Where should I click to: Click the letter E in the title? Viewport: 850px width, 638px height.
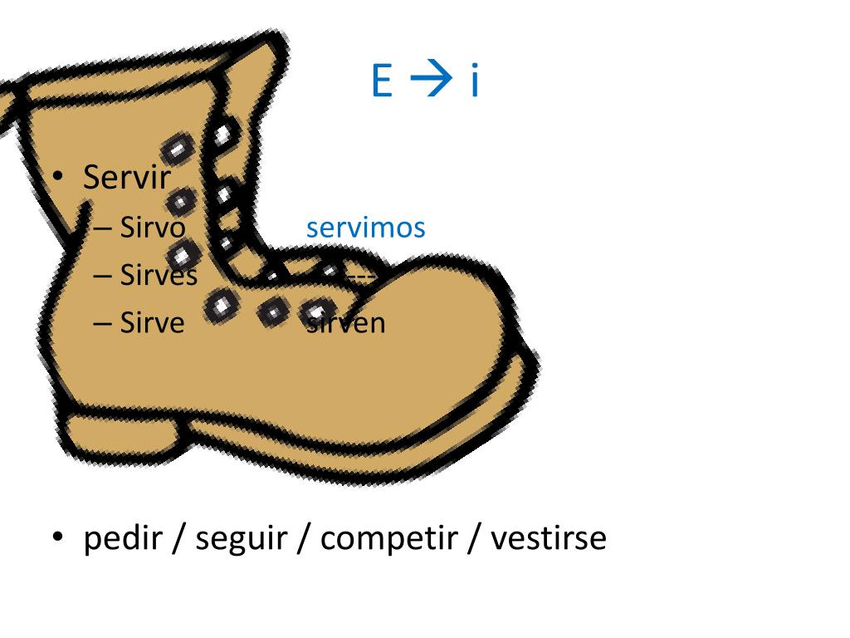point(382,81)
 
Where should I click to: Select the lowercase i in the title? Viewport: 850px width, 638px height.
point(475,81)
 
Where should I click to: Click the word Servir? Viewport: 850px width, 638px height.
point(127,177)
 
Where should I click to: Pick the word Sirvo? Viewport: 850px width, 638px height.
point(153,227)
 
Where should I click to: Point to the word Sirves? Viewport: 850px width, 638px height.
point(159,275)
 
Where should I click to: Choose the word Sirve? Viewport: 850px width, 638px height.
point(152,322)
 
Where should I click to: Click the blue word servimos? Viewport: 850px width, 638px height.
point(365,228)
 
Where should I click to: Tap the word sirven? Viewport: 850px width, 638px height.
point(346,322)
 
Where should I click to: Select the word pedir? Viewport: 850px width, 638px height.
point(123,539)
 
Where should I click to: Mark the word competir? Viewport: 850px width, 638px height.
point(388,539)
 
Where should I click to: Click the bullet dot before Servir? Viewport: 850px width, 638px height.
point(58,177)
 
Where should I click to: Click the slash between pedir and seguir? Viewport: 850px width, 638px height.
point(178,539)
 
